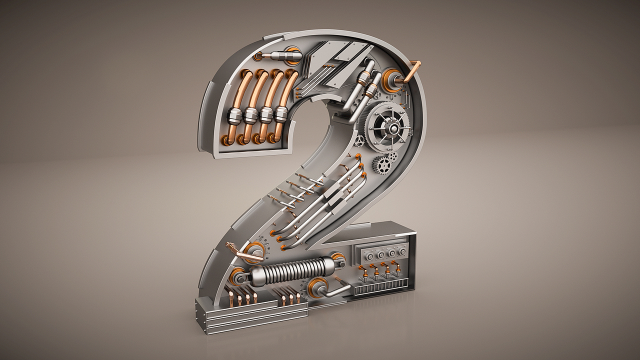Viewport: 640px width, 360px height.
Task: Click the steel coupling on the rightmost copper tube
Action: tap(281, 115)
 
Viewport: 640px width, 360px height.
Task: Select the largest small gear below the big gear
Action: tap(382, 162)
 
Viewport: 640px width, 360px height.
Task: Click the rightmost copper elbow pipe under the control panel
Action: tap(398, 272)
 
